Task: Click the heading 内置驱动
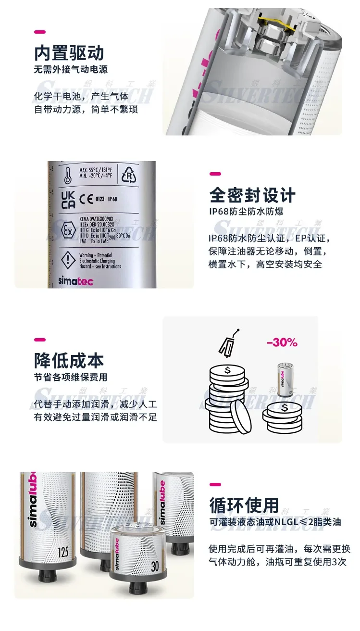69,53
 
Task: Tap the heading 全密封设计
252,195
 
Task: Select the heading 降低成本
69,361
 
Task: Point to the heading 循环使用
245,505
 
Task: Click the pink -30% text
282,343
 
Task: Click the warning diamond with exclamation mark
69,260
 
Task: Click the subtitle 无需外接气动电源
71,70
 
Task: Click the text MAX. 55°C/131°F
97,172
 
